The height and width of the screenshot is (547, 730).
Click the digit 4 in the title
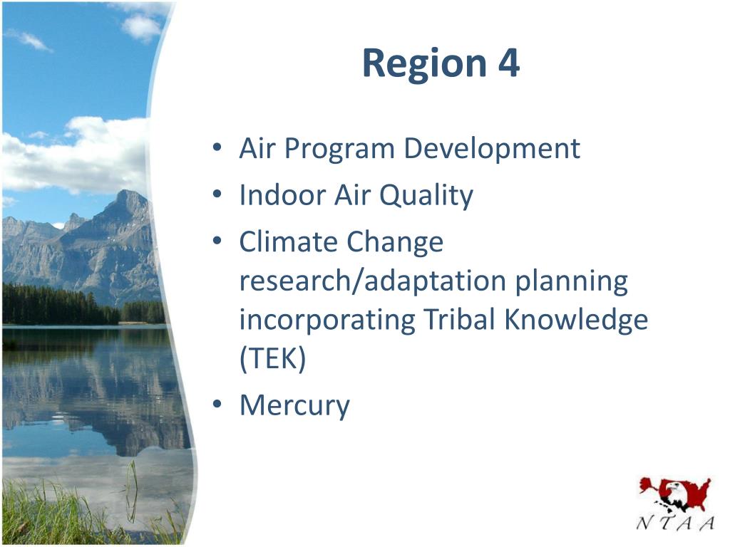[508, 63]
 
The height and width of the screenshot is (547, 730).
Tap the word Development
[492, 150]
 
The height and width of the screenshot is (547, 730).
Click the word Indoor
[282, 194]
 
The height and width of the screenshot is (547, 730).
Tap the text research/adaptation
[372, 281]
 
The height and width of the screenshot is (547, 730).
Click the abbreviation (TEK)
[273, 358]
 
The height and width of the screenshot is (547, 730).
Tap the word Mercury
[294, 405]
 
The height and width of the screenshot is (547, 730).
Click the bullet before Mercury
[217, 404]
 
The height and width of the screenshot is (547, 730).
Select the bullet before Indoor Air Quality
[217, 194]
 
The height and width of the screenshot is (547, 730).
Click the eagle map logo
[675, 495]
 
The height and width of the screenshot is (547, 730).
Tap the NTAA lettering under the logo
[675, 523]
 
